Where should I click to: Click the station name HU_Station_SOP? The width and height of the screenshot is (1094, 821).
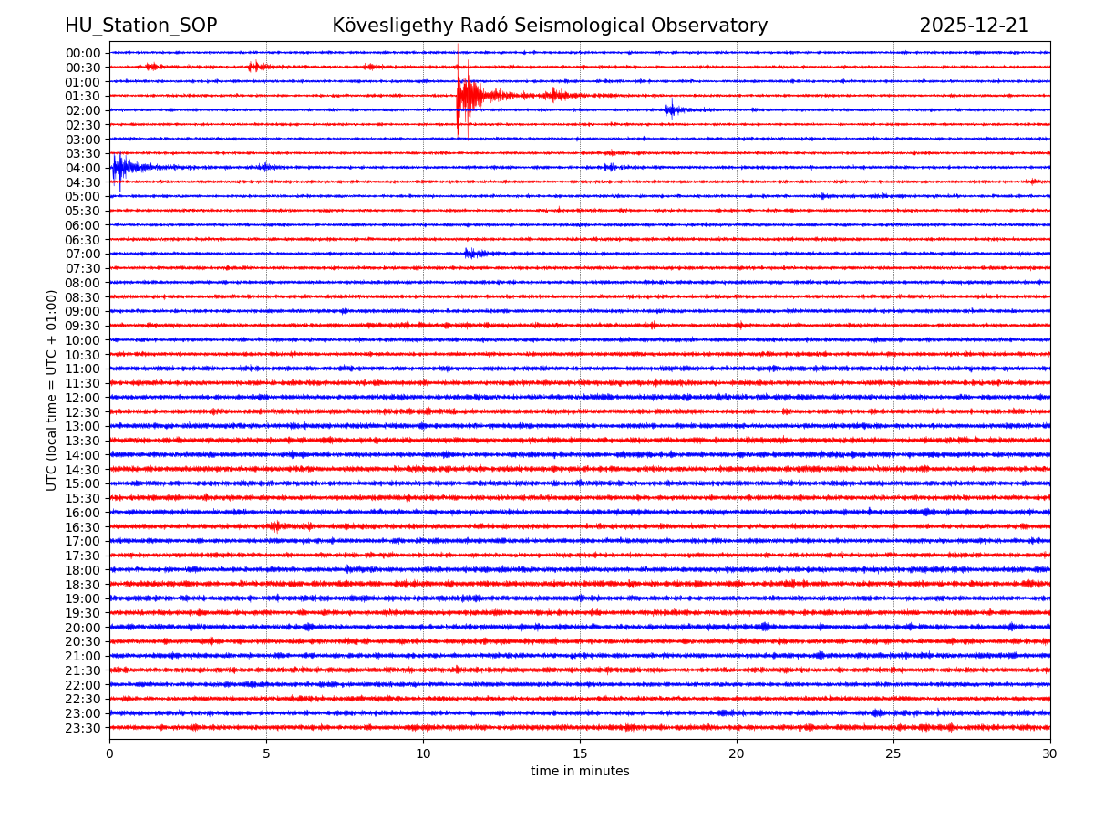click(140, 26)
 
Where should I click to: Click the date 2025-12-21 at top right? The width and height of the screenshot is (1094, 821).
click(974, 26)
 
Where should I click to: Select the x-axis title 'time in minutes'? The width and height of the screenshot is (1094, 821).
click(580, 771)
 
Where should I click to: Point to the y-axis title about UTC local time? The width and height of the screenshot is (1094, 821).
click(52, 390)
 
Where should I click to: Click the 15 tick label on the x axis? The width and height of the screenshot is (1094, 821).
click(580, 753)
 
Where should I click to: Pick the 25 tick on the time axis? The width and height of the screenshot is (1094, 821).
click(893, 753)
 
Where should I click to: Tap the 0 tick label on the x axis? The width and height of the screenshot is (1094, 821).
click(109, 753)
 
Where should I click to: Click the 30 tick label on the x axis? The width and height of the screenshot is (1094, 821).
click(1050, 753)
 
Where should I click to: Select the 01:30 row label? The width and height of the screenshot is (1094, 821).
click(83, 96)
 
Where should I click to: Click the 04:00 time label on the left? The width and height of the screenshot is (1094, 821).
click(83, 168)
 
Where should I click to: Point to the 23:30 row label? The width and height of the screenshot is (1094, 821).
click(83, 728)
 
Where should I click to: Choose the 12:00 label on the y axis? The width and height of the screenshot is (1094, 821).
click(83, 398)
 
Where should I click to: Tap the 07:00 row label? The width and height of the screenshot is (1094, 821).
click(83, 254)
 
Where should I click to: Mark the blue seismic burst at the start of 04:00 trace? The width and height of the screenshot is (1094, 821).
click(123, 167)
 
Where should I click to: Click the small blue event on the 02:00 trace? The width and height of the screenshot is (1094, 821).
click(672, 109)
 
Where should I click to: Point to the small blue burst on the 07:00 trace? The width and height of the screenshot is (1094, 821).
click(473, 253)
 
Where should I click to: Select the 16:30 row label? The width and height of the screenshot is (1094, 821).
click(83, 527)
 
